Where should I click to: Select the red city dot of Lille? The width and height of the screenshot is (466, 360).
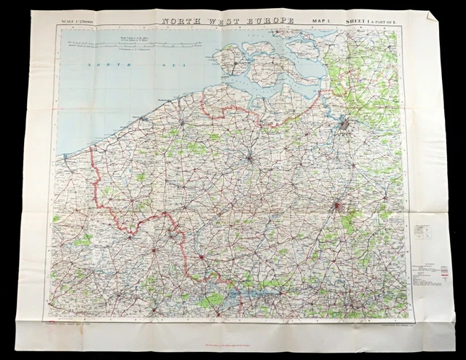[202, 257]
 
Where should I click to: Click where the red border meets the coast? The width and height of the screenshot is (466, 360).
[90, 148]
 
